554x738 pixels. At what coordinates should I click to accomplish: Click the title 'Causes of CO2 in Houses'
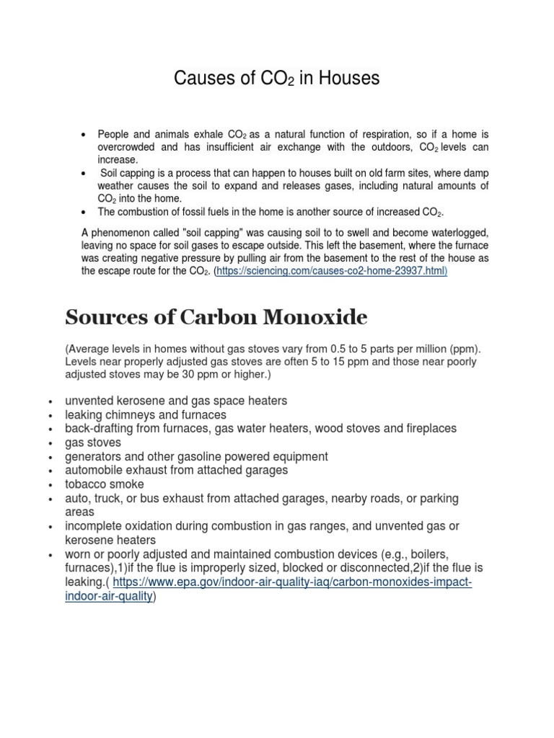[276, 79]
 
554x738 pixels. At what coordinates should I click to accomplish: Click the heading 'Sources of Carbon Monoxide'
[216, 316]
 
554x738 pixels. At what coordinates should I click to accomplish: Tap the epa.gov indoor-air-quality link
[292, 582]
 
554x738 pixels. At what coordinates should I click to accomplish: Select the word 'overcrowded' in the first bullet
[127, 146]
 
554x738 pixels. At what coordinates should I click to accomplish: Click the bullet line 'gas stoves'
[93, 443]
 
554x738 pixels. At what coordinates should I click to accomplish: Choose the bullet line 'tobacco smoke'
[105, 484]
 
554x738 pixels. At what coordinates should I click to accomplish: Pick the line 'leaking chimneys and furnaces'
[146, 414]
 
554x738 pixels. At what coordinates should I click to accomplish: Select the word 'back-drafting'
[97, 429]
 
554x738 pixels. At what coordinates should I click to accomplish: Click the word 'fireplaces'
[428, 429]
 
